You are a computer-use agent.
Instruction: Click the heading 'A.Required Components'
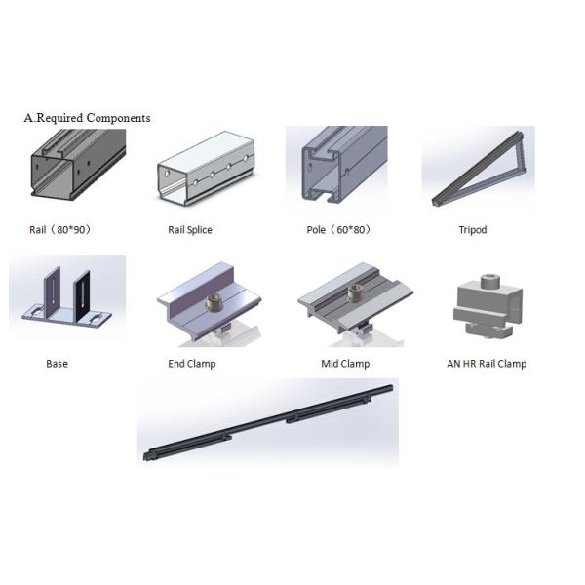click(87, 118)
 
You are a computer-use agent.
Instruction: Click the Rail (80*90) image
click(76, 172)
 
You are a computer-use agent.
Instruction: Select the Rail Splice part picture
click(205, 173)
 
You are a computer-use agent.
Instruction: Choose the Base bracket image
click(66, 296)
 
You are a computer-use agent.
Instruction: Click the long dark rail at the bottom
click(268, 422)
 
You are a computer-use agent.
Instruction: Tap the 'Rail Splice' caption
click(190, 230)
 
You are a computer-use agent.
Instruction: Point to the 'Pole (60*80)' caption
click(337, 230)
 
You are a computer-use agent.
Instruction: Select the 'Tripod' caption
click(472, 230)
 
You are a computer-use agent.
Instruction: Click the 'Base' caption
click(57, 364)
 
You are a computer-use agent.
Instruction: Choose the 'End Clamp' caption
click(192, 364)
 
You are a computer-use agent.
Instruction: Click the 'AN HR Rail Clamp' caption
click(486, 364)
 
